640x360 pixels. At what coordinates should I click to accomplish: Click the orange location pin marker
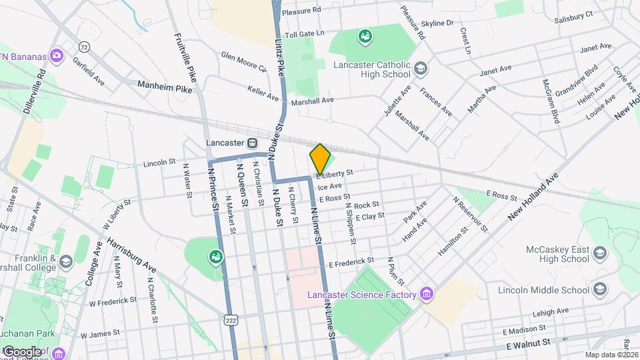click(320, 159)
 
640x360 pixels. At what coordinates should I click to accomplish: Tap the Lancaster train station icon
click(253, 143)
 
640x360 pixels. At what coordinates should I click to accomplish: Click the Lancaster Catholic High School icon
click(421, 67)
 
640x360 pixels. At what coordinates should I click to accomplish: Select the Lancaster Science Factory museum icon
click(427, 294)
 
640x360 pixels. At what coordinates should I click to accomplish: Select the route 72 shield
click(83, 47)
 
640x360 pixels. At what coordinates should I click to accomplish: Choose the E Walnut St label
click(530, 345)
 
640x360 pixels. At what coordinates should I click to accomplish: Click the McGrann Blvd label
click(551, 101)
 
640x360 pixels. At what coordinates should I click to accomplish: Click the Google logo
click(22, 351)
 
